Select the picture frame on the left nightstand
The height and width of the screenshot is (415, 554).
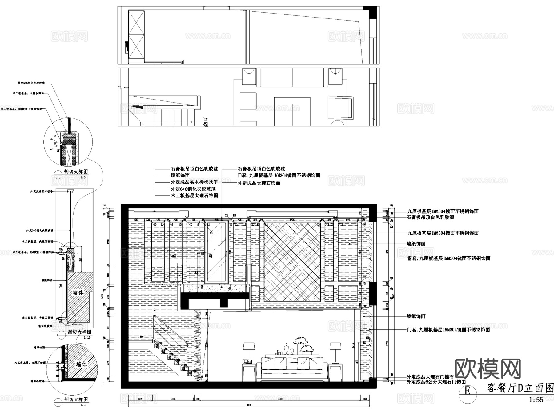click(x=247, y=361)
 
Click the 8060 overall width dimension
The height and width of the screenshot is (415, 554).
click(x=249, y=405)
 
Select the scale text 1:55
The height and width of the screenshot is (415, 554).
click(x=536, y=400)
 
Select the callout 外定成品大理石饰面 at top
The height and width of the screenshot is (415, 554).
click(x=259, y=183)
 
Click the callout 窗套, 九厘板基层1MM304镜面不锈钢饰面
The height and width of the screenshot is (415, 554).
click(x=448, y=258)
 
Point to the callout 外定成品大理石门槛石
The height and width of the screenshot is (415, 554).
click(x=430, y=377)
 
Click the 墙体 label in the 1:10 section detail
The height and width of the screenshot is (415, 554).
click(x=78, y=292)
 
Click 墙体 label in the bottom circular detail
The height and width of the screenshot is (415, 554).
click(x=81, y=364)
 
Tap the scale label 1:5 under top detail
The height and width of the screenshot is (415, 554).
click(x=82, y=177)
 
